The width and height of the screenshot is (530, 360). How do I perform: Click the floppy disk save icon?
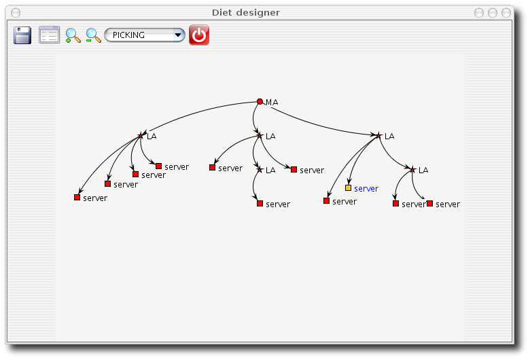(x=22, y=35)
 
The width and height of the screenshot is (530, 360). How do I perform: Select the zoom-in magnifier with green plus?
(x=73, y=35)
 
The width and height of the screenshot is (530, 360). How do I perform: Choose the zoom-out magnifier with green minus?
(x=93, y=35)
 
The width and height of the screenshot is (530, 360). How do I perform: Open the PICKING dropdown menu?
(x=145, y=35)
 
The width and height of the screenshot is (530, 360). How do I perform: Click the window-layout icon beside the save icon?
(x=50, y=35)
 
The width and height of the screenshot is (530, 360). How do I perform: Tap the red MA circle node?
(x=260, y=101)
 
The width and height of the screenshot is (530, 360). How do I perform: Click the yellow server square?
(x=348, y=187)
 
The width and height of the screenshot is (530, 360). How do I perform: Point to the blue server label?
(x=366, y=189)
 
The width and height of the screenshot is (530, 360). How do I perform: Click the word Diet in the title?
(x=222, y=12)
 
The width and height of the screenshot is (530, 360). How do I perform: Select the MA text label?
(x=272, y=102)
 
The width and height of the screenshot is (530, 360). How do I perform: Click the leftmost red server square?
(x=77, y=197)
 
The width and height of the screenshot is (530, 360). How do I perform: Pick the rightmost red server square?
(x=429, y=204)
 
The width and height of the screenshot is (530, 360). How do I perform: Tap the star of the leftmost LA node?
(x=141, y=136)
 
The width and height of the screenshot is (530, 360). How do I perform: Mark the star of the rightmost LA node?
(x=412, y=170)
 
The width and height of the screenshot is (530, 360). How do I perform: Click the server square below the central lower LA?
(x=260, y=204)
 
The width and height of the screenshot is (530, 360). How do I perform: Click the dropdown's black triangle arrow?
(x=178, y=35)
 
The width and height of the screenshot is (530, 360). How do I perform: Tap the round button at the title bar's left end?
(x=16, y=13)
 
